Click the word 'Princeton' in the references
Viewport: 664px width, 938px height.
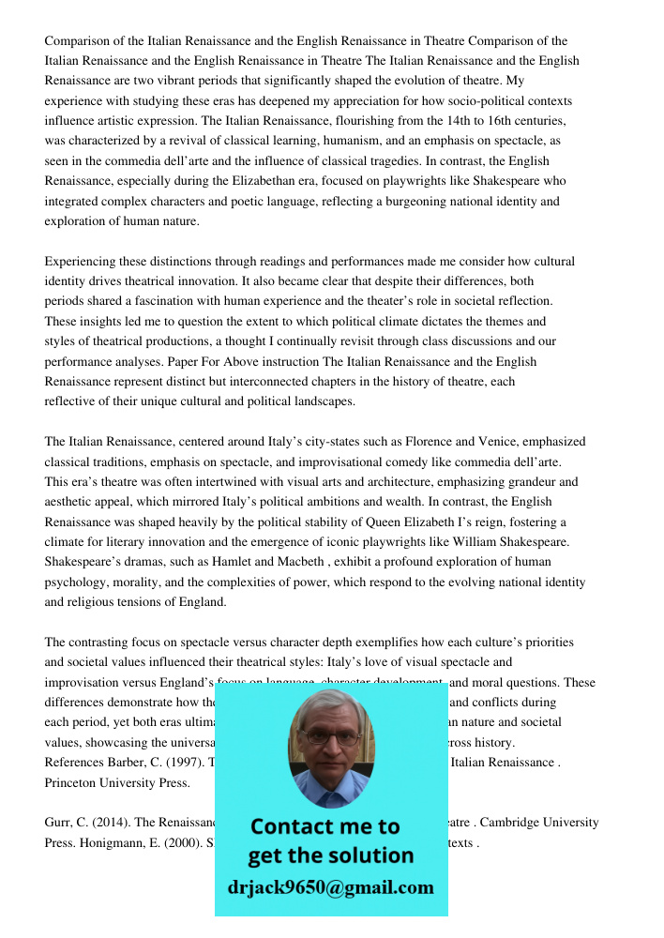(72, 782)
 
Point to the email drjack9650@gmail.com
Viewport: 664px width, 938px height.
(330, 887)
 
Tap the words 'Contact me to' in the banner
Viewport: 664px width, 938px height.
(324, 826)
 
